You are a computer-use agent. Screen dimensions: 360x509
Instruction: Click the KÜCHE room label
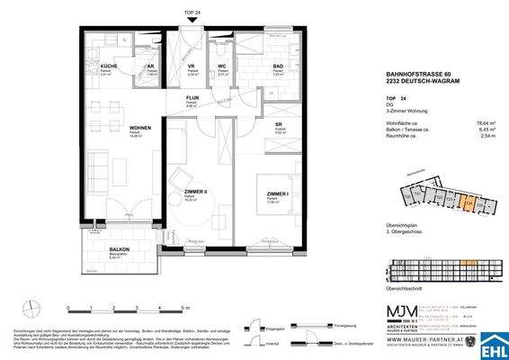click(x=108, y=67)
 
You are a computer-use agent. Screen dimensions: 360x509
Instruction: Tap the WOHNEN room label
click(x=114, y=129)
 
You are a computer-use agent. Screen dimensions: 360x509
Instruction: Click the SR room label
click(x=279, y=126)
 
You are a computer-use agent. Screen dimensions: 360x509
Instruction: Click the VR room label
click(x=191, y=67)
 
